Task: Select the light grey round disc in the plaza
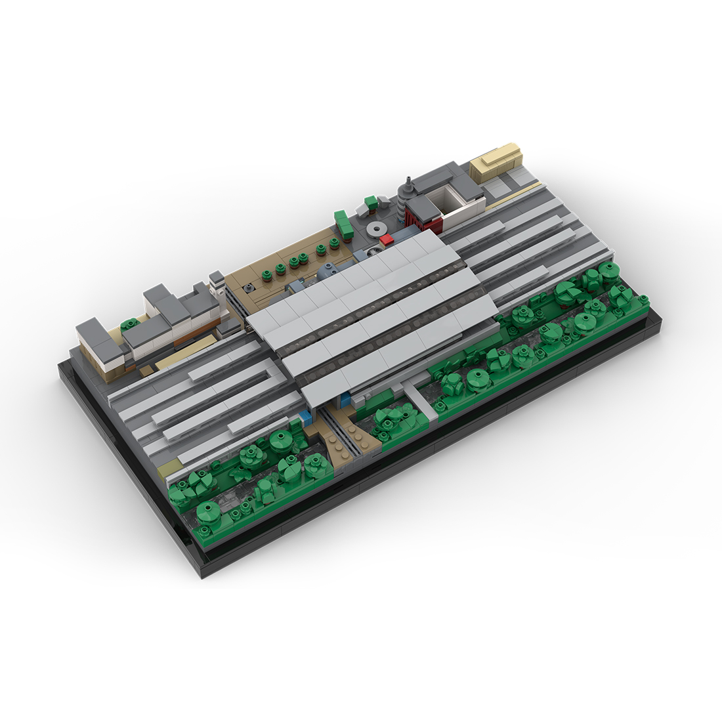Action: click(377, 228)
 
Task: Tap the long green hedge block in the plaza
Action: click(344, 223)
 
